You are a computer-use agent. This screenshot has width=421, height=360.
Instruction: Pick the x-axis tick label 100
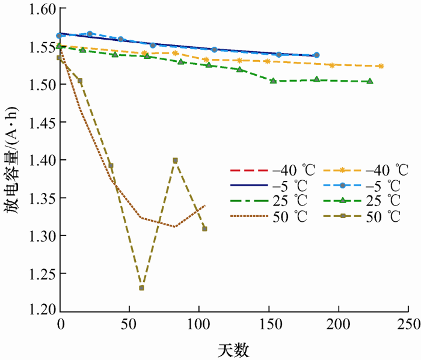pos(199,325)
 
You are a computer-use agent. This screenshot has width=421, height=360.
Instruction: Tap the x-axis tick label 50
pos(129,325)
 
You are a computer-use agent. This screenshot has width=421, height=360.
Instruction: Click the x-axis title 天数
pos(234,349)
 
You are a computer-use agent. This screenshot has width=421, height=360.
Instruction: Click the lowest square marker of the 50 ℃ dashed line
pos(141,288)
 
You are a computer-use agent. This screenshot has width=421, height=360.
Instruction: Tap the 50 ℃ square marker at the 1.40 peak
pos(175,160)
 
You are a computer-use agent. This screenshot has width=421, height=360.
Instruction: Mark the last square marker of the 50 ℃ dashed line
pos(204,228)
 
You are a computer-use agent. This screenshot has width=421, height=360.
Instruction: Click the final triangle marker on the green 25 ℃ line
pos(370,81)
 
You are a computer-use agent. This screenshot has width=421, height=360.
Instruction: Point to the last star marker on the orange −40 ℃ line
pos(381,66)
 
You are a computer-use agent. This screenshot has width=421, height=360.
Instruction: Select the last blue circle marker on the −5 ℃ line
pos(317,55)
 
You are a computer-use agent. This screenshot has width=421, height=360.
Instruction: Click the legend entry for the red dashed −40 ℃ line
pos(268,168)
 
